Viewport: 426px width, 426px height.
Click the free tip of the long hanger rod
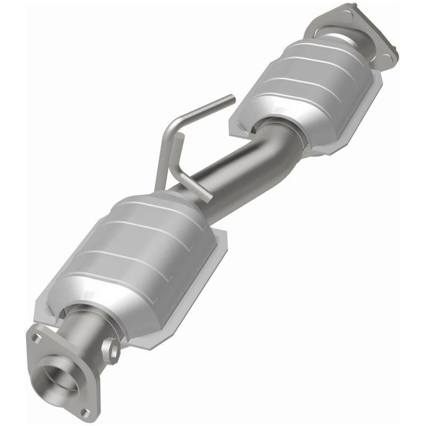(x=232, y=98)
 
